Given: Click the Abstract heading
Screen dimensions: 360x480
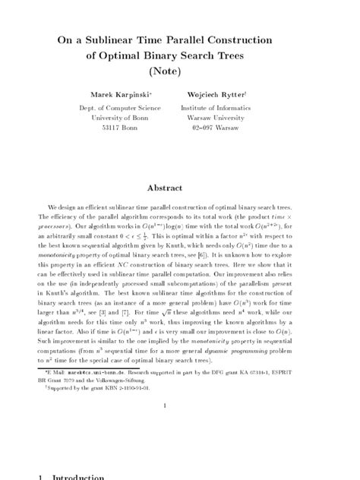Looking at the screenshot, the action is click(x=180, y=187).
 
